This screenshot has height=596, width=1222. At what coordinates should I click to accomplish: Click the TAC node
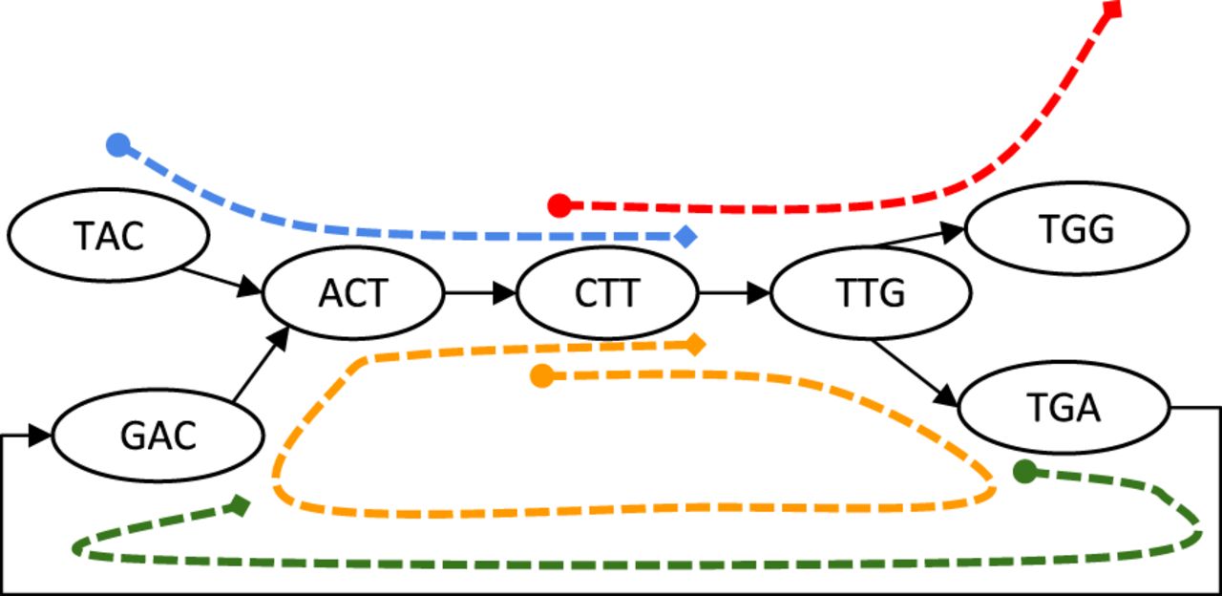[108, 235]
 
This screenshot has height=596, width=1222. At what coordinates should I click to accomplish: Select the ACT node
[353, 292]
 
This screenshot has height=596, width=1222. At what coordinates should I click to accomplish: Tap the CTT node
[607, 292]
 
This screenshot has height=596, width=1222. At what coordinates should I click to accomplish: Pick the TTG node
[871, 292]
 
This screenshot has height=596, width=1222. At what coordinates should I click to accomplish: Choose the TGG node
[1077, 229]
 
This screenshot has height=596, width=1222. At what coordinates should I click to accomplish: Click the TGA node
[1064, 408]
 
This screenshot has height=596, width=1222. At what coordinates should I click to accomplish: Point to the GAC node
[158, 436]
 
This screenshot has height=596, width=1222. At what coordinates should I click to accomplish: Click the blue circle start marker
[117, 145]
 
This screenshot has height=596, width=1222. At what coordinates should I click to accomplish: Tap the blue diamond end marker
[685, 235]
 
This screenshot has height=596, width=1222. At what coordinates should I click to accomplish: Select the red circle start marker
[559, 204]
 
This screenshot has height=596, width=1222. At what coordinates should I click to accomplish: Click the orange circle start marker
[542, 376]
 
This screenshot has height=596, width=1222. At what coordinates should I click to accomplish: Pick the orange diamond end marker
[695, 344]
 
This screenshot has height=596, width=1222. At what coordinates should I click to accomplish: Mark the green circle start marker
[1024, 471]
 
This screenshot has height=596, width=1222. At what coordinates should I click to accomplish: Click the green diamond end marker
[240, 504]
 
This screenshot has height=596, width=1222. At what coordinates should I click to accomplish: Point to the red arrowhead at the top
[1111, 8]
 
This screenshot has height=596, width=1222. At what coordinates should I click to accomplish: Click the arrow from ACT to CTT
[479, 292]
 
